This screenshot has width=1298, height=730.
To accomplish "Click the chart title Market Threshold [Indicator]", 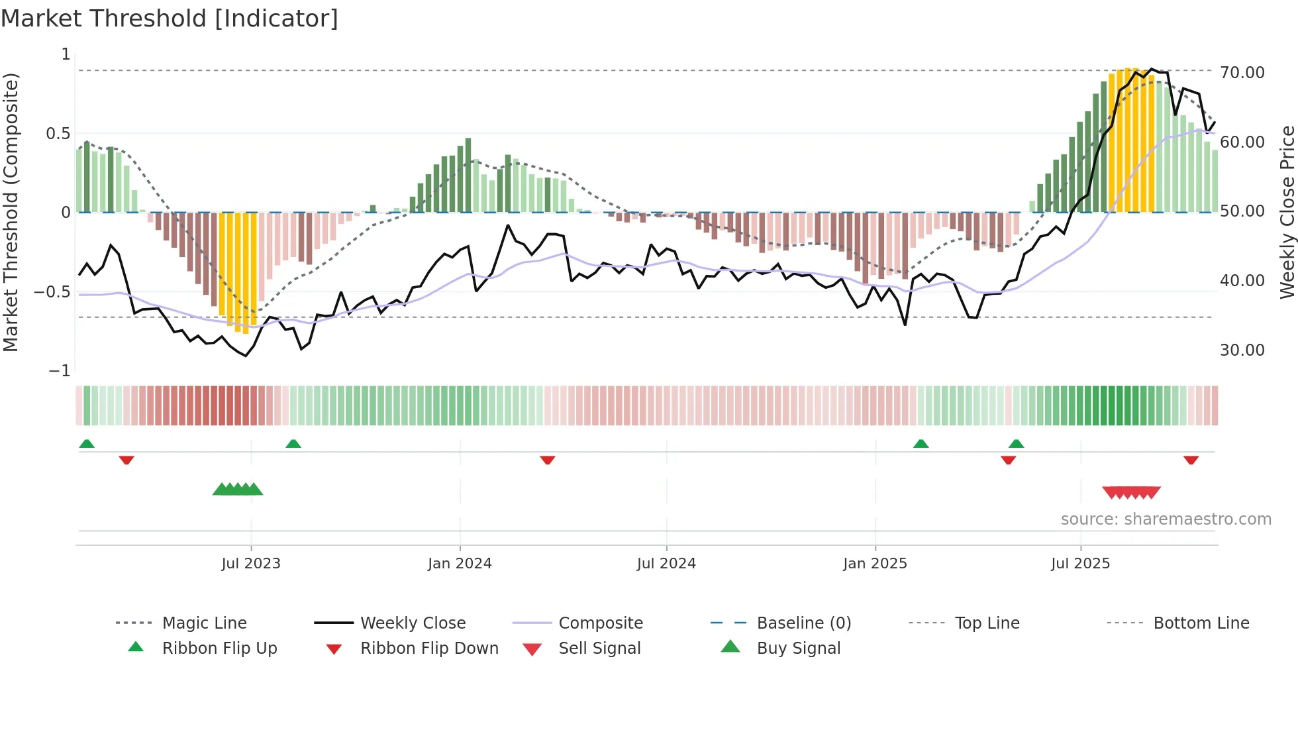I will [x=170, y=19].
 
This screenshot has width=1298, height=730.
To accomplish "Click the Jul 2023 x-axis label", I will [x=251, y=563].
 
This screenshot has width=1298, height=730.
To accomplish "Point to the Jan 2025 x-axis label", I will [x=875, y=563].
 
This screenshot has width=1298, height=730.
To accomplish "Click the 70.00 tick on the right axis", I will [x=1242, y=72].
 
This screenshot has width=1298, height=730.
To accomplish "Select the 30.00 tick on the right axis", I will [x=1242, y=350].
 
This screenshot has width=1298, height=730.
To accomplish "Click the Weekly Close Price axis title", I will [x=1287, y=212].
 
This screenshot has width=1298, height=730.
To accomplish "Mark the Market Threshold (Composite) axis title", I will [x=11, y=212].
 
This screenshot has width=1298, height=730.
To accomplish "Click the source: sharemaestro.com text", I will [x=1166, y=519].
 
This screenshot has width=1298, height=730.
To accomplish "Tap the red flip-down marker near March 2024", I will [x=547, y=460].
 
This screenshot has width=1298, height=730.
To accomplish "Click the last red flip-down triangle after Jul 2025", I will [x=1191, y=460].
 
